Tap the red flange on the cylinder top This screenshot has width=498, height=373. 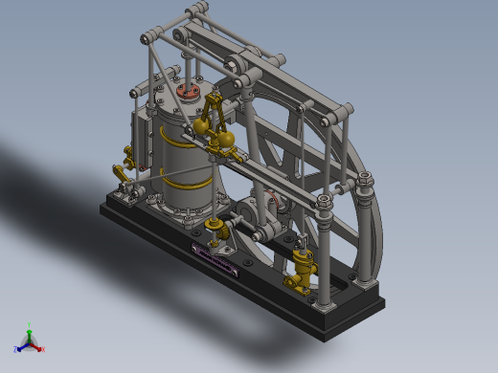coord(189,92)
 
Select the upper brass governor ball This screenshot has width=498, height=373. coord(202,125)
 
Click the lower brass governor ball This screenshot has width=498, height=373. coord(223,143)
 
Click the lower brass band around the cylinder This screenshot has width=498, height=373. coord(187,179)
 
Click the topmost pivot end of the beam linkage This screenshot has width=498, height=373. coord(199,9)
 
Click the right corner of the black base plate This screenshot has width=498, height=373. coord(383,304)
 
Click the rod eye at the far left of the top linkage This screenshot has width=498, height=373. coord(147,39)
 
